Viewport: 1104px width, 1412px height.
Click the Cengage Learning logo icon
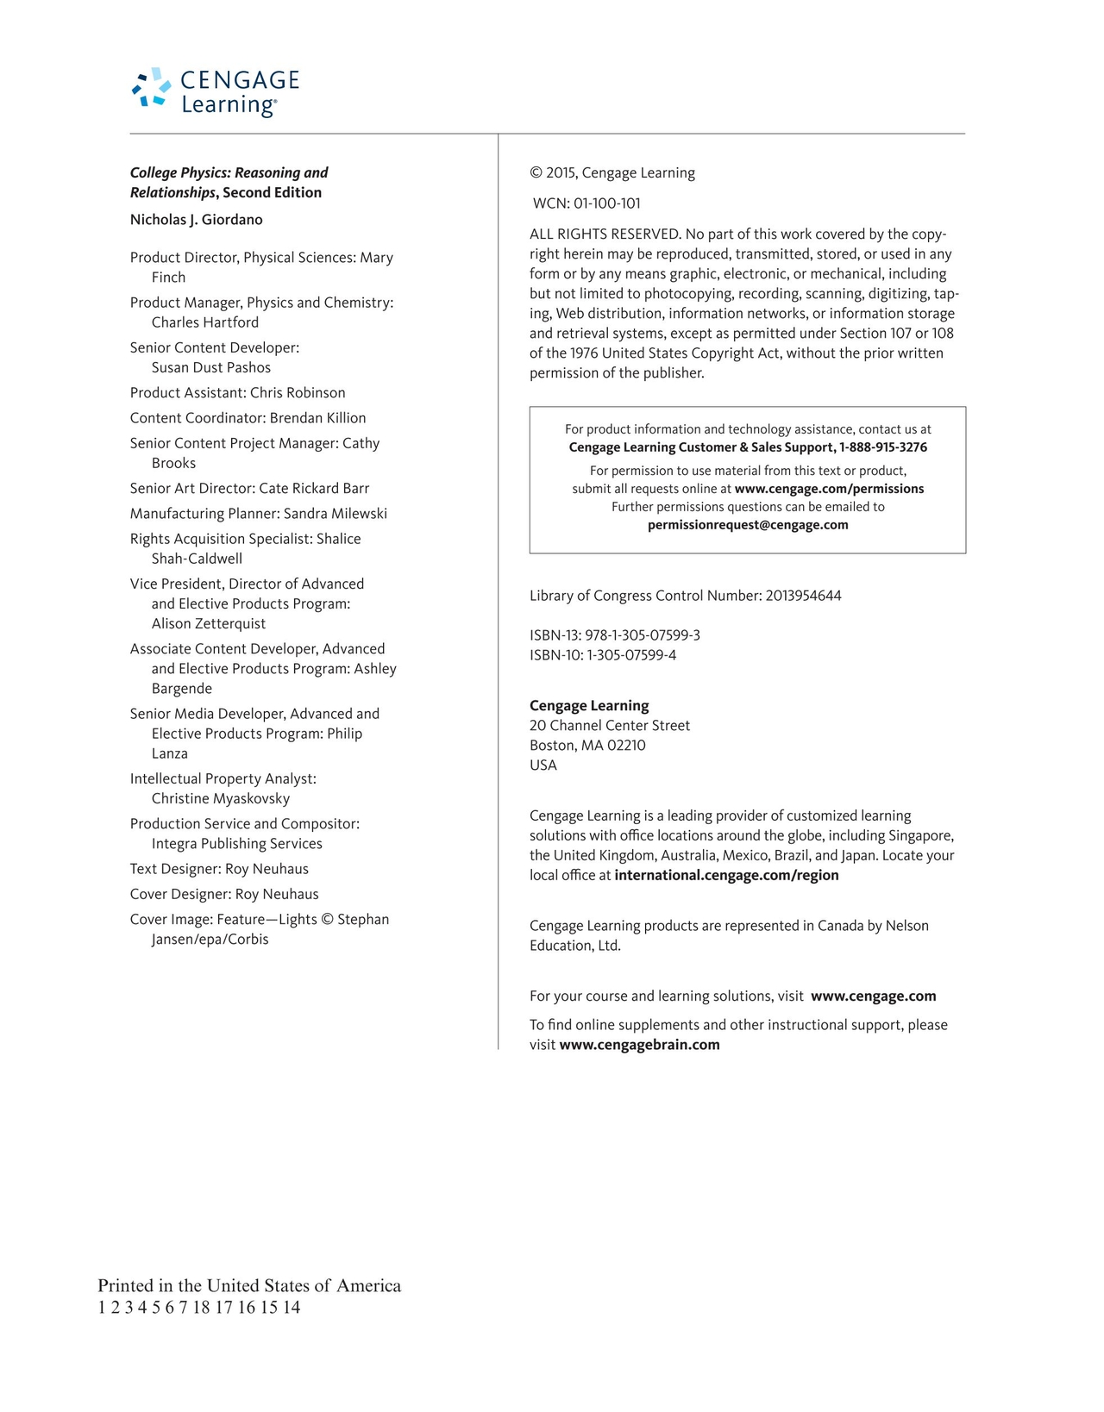tap(151, 88)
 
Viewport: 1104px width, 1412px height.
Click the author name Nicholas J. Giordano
tap(197, 220)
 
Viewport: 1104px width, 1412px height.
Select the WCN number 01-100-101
tap(606, 203)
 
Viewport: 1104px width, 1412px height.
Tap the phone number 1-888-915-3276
tap(883, 447)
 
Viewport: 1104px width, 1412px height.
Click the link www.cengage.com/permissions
tap(829, 489)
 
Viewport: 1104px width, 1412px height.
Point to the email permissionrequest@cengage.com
tap(748, 525)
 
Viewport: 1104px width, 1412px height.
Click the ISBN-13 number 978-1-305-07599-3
tap(643, 635)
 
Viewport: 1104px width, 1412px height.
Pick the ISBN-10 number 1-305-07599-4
tap(631, 655)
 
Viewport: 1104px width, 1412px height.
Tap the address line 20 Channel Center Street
tap(610, 726)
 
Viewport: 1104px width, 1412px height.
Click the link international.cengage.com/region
tap(726, 876)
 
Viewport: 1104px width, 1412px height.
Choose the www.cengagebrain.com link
tap(639, 1045)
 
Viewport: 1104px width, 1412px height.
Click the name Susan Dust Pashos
tap(211, 368)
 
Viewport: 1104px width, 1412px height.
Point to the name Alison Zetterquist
tap(209, 624)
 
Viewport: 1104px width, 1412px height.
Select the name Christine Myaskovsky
tap(221, 799)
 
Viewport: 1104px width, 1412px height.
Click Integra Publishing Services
tap(237, 844)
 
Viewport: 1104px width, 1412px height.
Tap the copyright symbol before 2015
tap(536, 173)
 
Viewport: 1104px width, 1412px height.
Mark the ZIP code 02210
tap(626, 746)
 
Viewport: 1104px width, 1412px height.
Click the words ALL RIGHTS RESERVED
tap(605, 234)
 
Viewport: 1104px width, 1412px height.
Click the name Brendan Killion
tap(317, 418)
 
